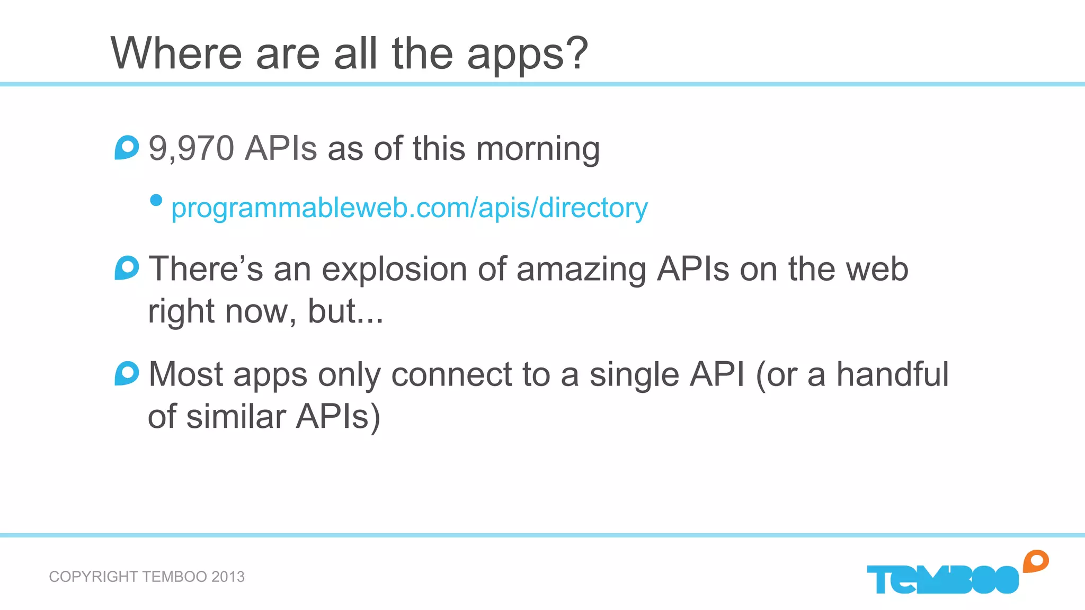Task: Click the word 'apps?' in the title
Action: coord(527,55)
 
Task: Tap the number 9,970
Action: coord(191,148)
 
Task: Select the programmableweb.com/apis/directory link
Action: coord(409,208)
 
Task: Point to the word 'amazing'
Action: coord(581,269)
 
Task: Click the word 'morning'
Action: coord(538,149)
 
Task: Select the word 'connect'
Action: coord(451,374)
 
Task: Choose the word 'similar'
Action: coord(236,416)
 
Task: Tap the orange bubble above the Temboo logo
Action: coord(1036,561)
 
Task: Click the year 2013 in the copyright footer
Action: coord(228,577)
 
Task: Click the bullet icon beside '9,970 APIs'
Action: coord(127,148)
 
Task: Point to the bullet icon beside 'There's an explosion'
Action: coord(127,268)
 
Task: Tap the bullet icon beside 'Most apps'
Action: coord(127,373)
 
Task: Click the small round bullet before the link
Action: coord(156,200)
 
